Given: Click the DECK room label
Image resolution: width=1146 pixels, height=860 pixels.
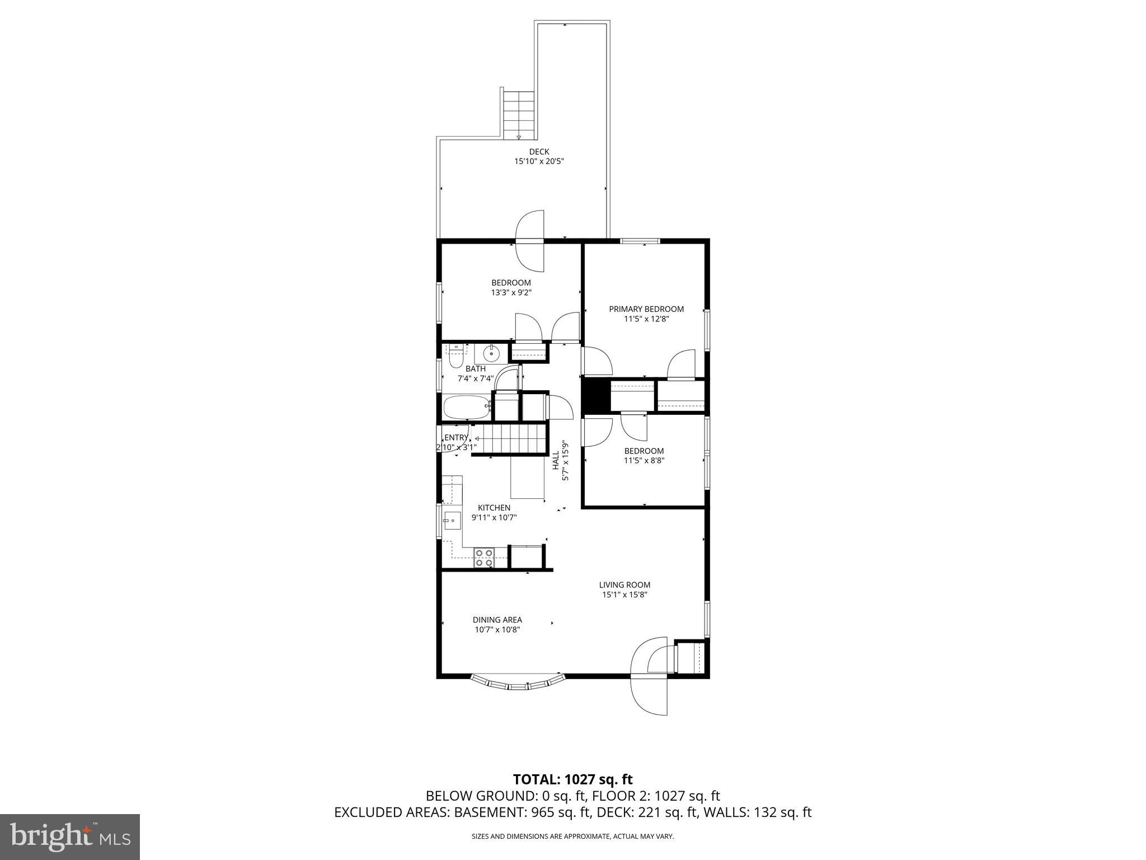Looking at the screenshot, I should pos(539,152).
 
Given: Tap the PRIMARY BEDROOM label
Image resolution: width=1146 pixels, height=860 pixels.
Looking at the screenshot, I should pos(646,309).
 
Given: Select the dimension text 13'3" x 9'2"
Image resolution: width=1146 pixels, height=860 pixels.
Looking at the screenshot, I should pos(511,293).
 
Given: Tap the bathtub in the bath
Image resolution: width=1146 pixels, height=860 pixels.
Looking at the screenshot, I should pos(467,408).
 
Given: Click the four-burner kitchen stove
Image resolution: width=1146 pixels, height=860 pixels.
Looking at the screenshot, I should pos(484,558).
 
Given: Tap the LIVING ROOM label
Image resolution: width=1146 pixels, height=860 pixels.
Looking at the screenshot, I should pos(624,585).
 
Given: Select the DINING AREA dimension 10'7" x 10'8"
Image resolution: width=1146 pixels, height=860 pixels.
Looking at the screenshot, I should pos(497,629).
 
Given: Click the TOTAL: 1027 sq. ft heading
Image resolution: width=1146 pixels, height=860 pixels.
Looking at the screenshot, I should pos(572,779).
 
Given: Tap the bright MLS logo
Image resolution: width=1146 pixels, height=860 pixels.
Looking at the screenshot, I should pos(70,836).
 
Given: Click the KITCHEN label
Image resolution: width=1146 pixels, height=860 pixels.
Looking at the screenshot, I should pos(494,508).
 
